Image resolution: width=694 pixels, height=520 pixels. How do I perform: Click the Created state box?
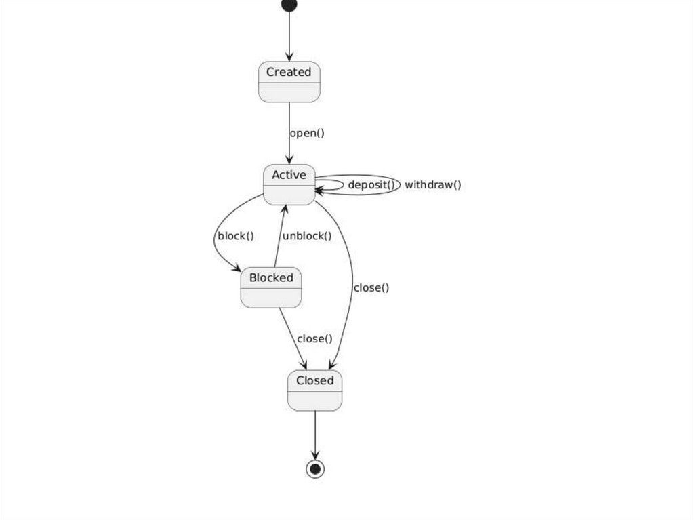289,82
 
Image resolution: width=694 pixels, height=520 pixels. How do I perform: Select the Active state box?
289,184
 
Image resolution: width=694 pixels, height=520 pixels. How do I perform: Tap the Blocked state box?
271,287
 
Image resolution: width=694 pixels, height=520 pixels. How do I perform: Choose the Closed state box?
314,391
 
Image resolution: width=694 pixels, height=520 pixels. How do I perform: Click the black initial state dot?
289,5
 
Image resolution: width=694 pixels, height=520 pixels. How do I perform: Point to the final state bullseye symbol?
315,468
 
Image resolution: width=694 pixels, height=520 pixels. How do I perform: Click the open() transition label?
307,133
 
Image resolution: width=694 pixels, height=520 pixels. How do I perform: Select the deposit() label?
371,184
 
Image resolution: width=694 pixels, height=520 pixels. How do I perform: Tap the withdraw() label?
433,184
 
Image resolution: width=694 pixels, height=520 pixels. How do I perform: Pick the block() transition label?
235,236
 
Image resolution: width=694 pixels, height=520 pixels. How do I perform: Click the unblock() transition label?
307,236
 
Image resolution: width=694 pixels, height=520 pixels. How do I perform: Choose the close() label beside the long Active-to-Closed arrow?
371,287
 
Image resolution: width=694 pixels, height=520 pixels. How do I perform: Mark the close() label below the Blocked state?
314,338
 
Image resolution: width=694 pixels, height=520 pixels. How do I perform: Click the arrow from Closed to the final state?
315,434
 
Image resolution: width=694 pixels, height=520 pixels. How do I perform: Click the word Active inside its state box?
289,175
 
